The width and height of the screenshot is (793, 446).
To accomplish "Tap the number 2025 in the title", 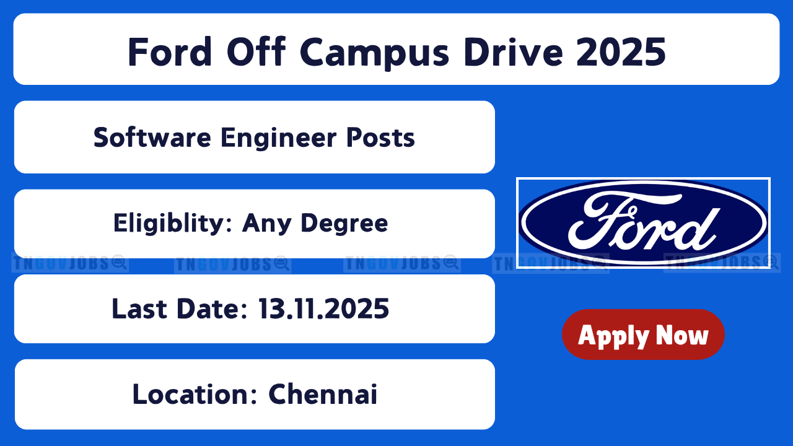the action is (x=621, y=52).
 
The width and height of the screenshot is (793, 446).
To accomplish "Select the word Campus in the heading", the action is (x=375, y=54).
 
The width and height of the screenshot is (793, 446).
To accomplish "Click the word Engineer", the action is (x=278, y=139).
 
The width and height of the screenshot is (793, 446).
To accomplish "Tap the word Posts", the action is (x=380, y=138).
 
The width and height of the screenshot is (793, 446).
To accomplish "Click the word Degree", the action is (x=344, y=224).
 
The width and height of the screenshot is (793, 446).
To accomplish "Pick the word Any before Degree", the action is (x=266, y=224).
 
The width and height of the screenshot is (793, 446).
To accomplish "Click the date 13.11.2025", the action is (x=323, y=308).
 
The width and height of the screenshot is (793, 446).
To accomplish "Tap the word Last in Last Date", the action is (x=139, y=308).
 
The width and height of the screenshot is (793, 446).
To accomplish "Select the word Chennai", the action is (x=323, y=394).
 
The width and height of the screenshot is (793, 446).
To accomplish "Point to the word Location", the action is (x=191, y=394).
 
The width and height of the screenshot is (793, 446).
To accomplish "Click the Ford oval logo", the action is (x=643, y=222).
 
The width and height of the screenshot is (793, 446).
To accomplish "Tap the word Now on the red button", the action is (x=682, y=335).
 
